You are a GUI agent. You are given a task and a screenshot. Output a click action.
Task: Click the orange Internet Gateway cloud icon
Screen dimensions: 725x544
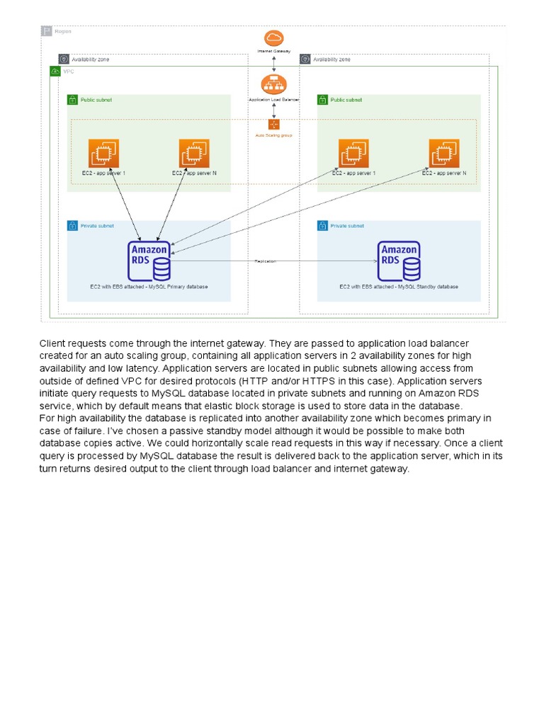pos(273,38)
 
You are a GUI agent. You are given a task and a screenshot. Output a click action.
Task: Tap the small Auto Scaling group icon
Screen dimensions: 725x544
pos(274,125)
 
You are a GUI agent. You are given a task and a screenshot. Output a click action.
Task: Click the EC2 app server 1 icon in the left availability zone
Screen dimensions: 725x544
pos(103,154)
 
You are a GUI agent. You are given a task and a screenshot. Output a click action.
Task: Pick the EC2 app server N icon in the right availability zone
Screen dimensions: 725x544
pos(443,154)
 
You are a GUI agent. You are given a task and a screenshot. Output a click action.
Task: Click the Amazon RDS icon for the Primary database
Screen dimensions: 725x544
pos(149,261)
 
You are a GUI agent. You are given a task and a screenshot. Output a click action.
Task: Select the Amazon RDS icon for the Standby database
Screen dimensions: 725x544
pos(399,261)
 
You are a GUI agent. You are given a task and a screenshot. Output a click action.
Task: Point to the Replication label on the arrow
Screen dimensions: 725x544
pos(265,261)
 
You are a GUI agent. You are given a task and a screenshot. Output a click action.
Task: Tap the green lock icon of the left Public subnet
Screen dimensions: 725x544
pos(72,100)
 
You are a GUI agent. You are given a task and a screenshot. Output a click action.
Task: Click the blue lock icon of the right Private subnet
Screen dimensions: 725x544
pos(322,226)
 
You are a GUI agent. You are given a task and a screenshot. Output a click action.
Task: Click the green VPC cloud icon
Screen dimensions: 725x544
pos(55,72)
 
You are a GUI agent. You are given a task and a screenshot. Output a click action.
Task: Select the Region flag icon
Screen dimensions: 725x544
pos(47,31)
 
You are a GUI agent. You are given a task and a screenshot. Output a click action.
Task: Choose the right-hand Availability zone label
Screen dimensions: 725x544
pos(331,59)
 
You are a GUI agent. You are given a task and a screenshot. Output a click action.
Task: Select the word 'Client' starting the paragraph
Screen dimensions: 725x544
pos(52,343)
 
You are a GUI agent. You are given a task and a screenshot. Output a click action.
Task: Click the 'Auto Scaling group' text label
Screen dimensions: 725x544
pos(274,135)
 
